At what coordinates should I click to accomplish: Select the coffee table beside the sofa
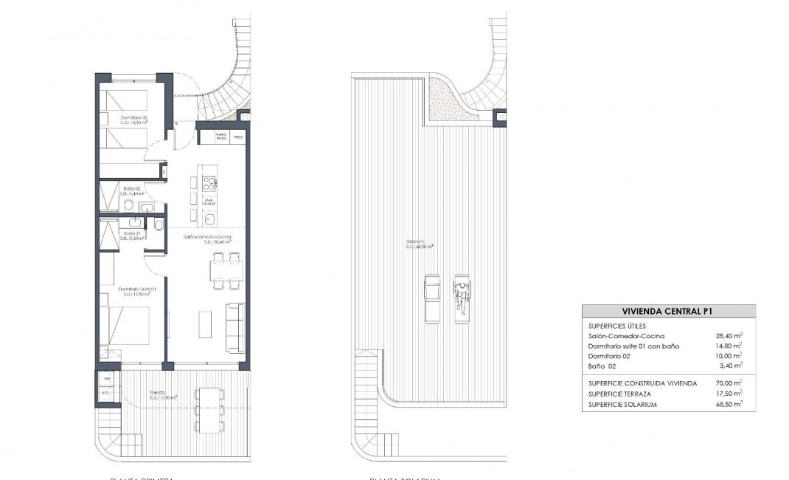(x=206, y=324)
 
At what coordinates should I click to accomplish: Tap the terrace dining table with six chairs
(x=208, y=411)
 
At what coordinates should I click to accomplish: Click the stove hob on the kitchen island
(x=209, y=183)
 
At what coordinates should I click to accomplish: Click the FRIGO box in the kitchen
(x=237, y=137)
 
